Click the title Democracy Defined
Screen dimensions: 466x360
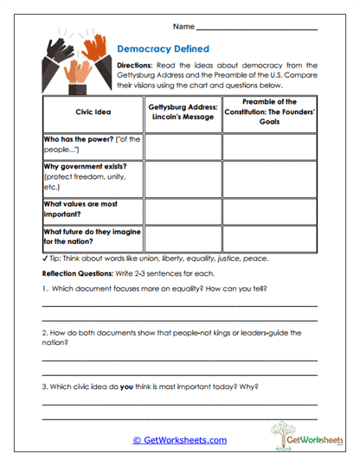click(x=163, y=49)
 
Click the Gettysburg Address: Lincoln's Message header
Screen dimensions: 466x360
click(x=183, y=112)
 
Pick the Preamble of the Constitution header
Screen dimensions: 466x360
click(x=270, y=112)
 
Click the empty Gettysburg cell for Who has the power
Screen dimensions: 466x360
click(x=183, y=146)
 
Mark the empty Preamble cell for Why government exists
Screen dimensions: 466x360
click(x=270, y=177)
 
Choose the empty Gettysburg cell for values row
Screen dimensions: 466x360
click(x=183, y=210)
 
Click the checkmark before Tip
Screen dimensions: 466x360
click(x=44, y=259)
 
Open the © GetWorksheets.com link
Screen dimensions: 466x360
click(x=179, y=440)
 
